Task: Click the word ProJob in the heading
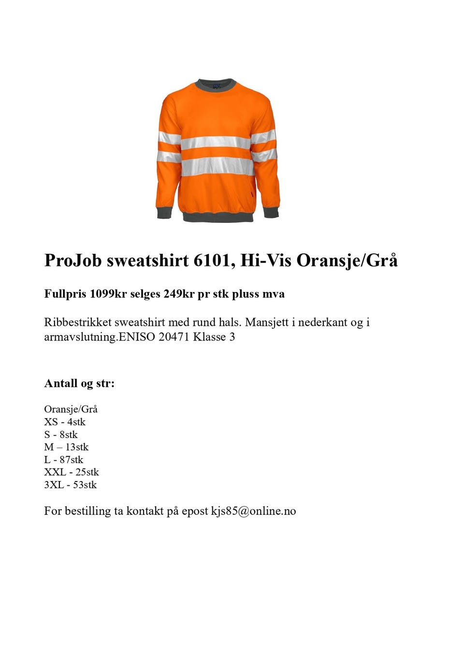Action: pyautogui.click(x=73, y=261)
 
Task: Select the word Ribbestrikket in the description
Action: pyautogui.click(x=78, y=322)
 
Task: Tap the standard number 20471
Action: pyautogui.click(x=174, y=337)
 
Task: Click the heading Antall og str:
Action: pyautogui.click(x=79, y=383)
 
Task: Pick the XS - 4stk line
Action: pyautogui.click(x=65, y=422)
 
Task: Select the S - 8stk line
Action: pyautogui.click(x=61, y=435)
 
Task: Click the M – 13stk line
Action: pyautogui.click(x=66, y=447)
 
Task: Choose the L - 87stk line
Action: pyautogui.click(x=64, y=460)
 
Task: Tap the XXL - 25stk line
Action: pyautogui.click(x=72, y=472)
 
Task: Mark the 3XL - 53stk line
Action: pyautogui.click(x=71, y=485)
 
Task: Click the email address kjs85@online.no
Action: pyautogui.click(x=253, y=511)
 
